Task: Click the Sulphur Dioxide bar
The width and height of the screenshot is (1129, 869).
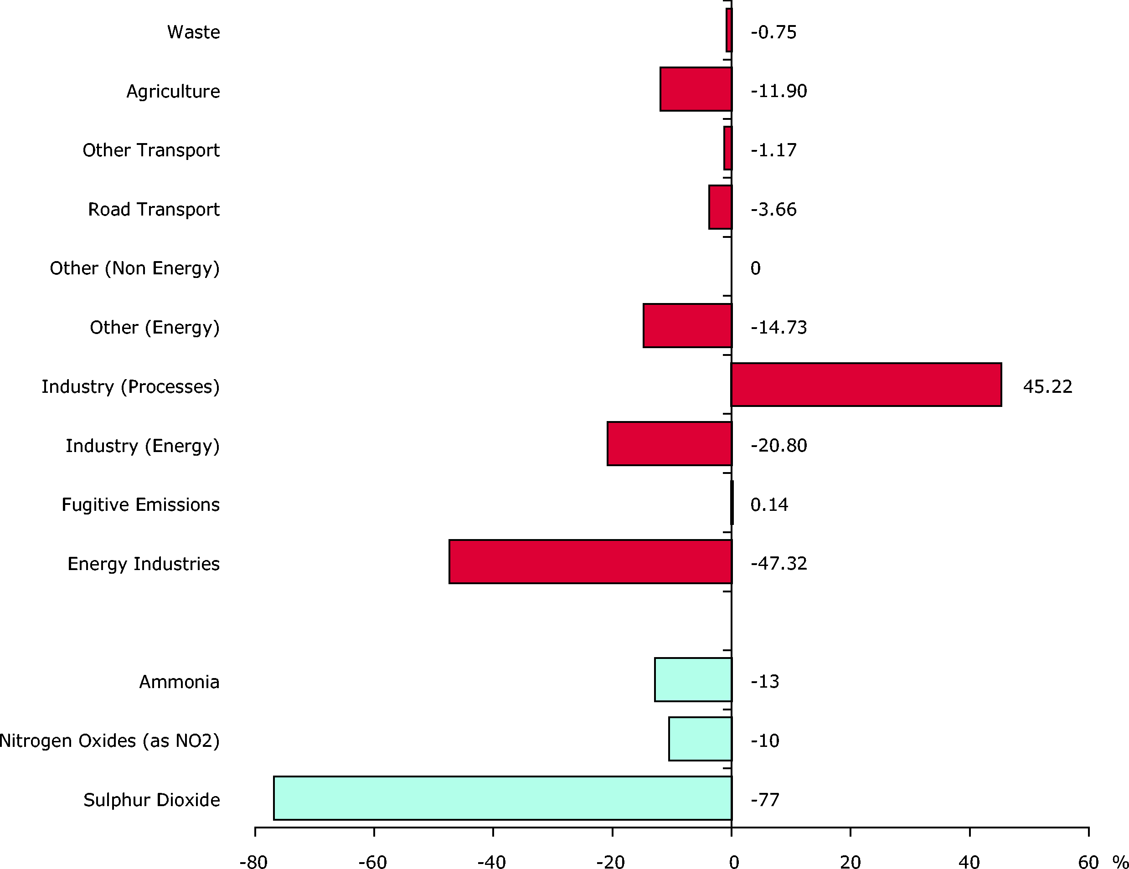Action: [502, 797]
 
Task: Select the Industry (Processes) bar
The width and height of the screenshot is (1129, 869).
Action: [866, 385]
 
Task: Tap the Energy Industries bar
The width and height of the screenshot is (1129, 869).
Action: [590, 561]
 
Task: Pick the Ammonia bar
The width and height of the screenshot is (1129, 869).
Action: [693, 679]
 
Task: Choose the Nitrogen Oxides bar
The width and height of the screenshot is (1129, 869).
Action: [700, 739]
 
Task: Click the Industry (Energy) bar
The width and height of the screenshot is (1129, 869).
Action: [670, 443]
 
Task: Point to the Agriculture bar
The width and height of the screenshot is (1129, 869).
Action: [696, 89]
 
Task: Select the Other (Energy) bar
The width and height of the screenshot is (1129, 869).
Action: [687, 325]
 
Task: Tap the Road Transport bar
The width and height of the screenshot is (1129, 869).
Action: [720, 207]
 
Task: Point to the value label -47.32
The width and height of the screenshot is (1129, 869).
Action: [778, 563]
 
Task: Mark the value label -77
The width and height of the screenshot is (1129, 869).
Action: [764, 800]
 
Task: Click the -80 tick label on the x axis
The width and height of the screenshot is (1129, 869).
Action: [253, 862]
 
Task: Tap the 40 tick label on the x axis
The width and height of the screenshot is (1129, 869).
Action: [969, 862]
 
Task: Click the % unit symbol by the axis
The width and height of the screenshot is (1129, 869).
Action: [1120, 862]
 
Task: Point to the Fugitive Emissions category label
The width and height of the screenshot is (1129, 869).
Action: [140, 504]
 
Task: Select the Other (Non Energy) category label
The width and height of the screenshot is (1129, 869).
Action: [134, 268]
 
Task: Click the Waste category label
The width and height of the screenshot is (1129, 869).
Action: [193, 32]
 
